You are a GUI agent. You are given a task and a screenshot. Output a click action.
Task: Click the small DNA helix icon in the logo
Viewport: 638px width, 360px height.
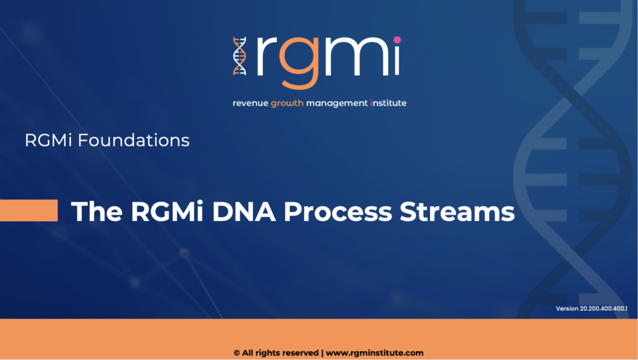(240, 56)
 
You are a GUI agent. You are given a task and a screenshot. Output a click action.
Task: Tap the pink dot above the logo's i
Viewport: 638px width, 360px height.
(397, 40)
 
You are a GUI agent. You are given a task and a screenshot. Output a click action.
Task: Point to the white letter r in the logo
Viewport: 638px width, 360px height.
(267, 56)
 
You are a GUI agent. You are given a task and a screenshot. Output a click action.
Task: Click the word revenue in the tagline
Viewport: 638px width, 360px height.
(250, 103)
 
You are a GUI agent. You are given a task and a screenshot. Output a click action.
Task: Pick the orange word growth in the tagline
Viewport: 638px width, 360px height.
(287, 103)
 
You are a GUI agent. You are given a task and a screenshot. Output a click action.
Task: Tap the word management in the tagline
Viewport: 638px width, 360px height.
(337, 103)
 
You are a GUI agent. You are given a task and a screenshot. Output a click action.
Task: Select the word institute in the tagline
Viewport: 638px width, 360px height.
(389, 103)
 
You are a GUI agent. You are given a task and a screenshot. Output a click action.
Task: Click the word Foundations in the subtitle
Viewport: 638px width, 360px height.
(133, 140)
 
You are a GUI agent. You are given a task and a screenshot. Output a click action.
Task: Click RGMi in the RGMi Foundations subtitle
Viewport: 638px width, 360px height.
(49, 140)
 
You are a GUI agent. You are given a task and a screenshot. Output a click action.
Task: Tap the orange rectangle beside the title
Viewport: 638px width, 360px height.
(29, 211)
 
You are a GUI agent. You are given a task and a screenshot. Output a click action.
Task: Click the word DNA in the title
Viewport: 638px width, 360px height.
(244, 212)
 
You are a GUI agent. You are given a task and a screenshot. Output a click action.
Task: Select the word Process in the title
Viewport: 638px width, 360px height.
(338, 212)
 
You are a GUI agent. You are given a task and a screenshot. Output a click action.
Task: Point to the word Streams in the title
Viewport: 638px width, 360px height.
(457, 212)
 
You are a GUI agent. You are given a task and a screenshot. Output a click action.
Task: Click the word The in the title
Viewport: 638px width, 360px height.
(97, 212)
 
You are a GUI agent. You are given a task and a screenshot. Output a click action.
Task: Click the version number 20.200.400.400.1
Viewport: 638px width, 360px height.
(603, 309)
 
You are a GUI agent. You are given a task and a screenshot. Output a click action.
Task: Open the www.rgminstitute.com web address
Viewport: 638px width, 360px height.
(374, 353)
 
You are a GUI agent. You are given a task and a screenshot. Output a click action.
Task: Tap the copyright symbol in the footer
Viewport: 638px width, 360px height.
(237, 353)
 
